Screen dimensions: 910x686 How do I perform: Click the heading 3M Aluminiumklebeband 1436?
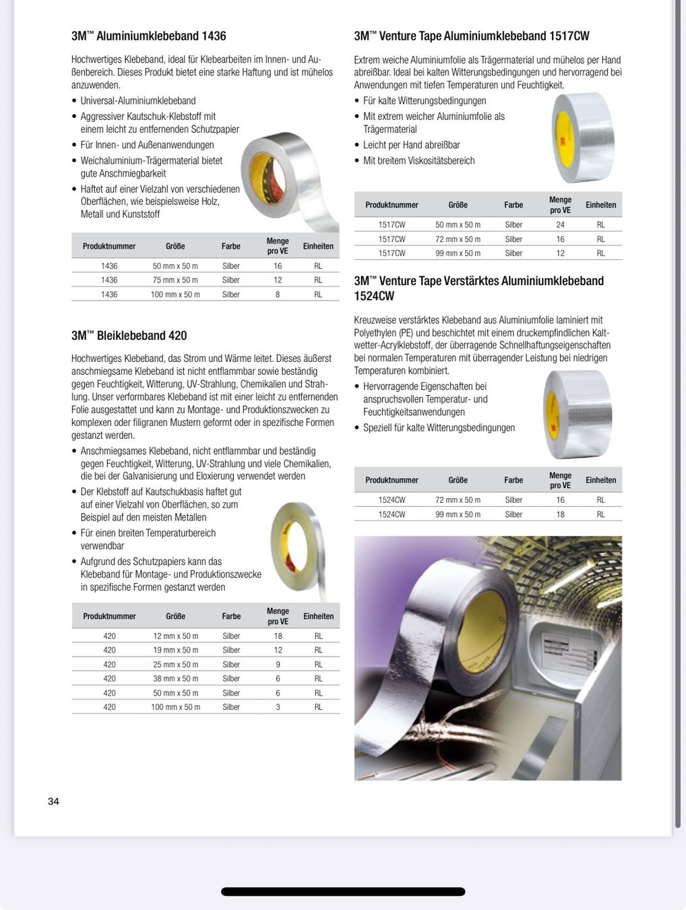click(x=149, y=36)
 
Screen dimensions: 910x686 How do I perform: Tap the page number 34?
click(x=53, y=801)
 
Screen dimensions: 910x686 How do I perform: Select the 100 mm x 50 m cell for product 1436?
click(x=175, y=295)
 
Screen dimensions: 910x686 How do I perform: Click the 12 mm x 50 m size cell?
click(x=175, y=636)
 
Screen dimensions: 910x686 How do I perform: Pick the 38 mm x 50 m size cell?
click(x=175, y=679)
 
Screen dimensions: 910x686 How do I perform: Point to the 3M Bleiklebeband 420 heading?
click(x=129, y=336)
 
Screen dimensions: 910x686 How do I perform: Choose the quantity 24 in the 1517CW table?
click(x=560, y=225)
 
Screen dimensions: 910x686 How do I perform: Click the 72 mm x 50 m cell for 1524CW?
click(x=458, y=500)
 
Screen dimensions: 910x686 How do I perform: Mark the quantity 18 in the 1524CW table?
click(x=560, y=514)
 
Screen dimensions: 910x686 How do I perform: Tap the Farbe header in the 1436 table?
click(x=231, y=247)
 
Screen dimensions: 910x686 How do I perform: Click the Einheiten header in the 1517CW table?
click(x=600, y=205)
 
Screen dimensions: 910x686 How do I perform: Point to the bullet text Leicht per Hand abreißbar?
click(x=411, y=145)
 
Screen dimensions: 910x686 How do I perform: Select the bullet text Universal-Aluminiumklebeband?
click(x=138, y=101)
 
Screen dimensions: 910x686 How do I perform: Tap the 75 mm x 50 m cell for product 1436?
click(x=175, y=280)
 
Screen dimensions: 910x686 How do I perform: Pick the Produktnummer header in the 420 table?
click(x=109, y=617)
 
